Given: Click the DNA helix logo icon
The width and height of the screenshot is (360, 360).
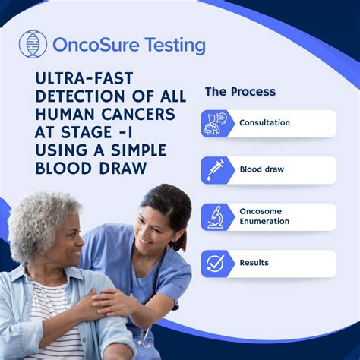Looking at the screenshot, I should click(33, 46).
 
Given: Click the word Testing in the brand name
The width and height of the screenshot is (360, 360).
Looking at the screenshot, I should click(175, 45).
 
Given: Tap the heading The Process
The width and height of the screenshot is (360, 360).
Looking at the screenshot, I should click(240, 92).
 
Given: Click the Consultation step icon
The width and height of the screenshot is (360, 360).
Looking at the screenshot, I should click(217, 123).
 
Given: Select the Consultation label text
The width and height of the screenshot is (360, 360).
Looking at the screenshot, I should click(264, 123).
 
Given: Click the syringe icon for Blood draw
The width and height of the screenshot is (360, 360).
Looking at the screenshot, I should click(217, 169).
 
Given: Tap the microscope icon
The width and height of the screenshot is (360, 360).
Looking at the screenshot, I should click(217, 216).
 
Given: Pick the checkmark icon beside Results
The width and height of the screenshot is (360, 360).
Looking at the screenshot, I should click(217, 264).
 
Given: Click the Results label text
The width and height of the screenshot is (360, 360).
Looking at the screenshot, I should click(254, 264).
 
